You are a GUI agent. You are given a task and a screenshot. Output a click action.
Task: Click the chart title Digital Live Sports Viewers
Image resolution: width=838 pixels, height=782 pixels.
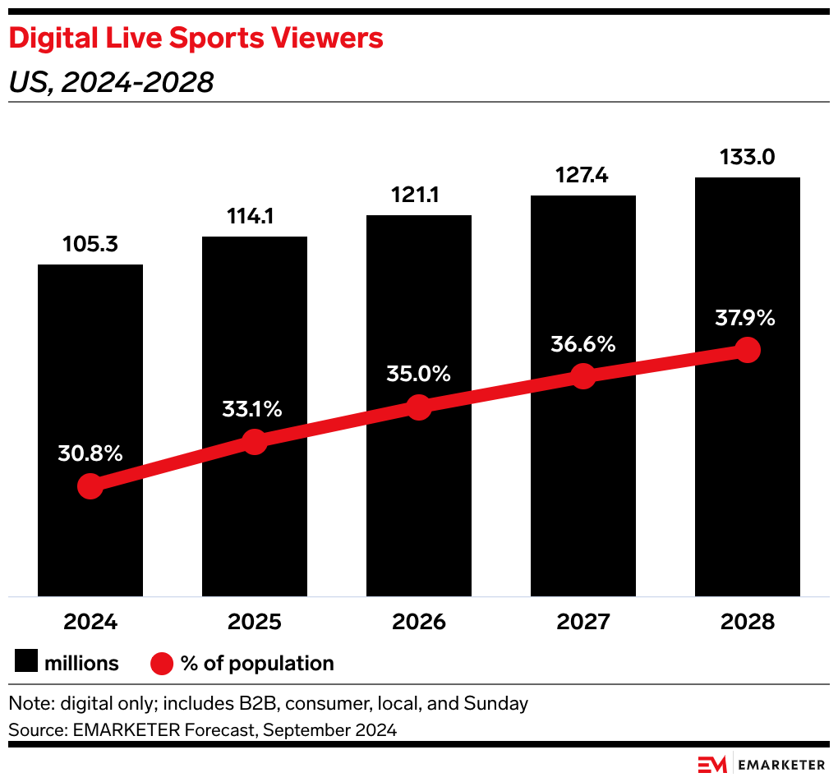(x=196, y=39)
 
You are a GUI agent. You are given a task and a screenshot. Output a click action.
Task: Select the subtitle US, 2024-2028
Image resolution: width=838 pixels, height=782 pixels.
(x=110, y=83)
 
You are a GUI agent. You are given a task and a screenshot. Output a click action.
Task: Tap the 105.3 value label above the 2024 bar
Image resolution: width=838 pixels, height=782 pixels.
(x=90, y=244)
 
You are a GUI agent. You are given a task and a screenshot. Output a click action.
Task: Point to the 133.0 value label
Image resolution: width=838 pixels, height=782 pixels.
(x=747, y=157)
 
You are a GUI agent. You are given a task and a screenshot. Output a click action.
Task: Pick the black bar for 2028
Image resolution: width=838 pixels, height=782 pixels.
(x=747, y=493)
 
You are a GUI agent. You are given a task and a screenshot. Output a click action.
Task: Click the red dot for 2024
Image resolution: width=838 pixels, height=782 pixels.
(x=90, y=486)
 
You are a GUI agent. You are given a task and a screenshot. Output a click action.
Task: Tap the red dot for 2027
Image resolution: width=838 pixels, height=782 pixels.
(x=582, y=376)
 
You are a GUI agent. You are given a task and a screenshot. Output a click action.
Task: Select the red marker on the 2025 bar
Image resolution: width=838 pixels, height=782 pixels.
(x=255, y=441)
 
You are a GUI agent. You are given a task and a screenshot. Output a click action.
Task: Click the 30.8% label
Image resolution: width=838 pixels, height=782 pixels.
(x=90, y=453)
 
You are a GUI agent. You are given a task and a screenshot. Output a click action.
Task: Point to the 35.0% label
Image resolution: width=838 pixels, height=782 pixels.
(x=419, y=374)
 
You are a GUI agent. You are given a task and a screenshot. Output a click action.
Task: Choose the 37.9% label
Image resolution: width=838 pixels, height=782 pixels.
(x=744, y=318)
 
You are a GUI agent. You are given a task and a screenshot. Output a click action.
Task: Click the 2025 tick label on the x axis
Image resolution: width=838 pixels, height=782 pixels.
(x=255, y=622)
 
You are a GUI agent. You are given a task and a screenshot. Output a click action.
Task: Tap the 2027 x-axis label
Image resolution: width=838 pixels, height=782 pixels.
(x=582, y=622)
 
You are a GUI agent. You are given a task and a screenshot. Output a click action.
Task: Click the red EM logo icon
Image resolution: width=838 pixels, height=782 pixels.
(x=712, y=763)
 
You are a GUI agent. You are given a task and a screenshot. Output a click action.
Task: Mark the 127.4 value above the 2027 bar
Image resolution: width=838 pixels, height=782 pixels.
(x=582, y=175)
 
